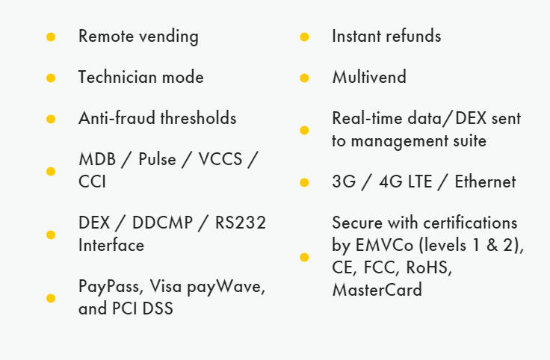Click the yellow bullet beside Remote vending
[x=51, y=37]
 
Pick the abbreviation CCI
[x=92, y=181]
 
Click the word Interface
[x=111, y=245]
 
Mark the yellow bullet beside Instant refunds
[x=304, y=37]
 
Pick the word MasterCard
[x=377, y=290]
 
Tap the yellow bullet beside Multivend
[x=304, y=78]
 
